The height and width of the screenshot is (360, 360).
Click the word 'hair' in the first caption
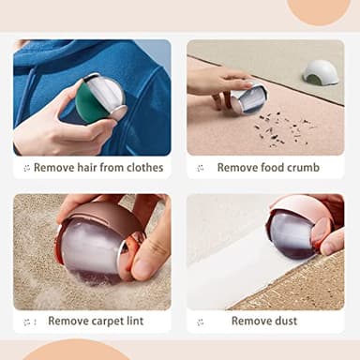pyautogui.click(x=88, y=168)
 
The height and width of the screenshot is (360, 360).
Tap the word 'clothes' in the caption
pyautogui.click(x=143, y=168)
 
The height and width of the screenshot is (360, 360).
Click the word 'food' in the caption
pyautogui.click(x=267, y=168)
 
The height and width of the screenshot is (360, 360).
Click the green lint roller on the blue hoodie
pyautogui.click(x=98, y=99)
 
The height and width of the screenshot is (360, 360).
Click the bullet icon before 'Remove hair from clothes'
pyautogui.click(x=26, y=169)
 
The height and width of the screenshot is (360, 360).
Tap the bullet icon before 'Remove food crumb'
pyautogui.click(x=201, y=169)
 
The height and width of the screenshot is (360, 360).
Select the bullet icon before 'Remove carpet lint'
pyautogui.click(x=29, y=322)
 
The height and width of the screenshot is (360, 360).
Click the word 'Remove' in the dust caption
pyautogui.click(x=250, y=321)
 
